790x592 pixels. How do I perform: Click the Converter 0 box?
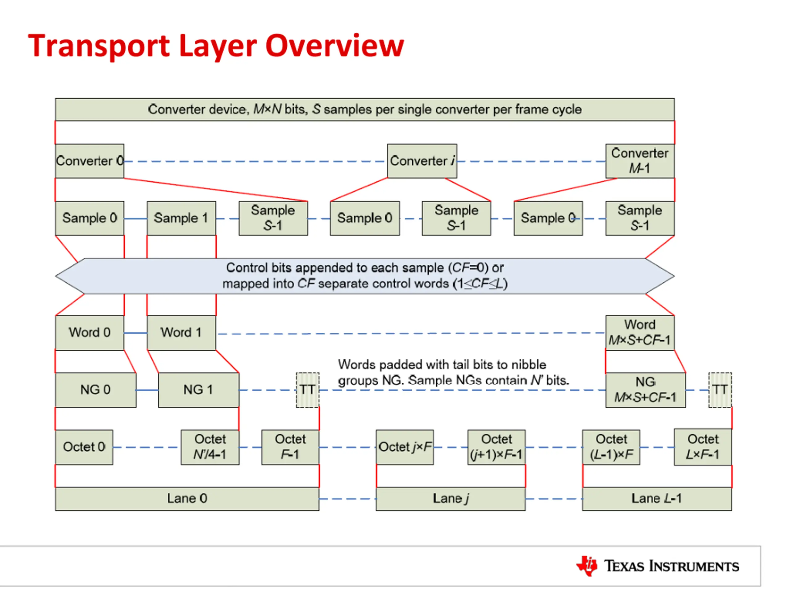pos(89,161)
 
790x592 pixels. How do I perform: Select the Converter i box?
pos(422,161)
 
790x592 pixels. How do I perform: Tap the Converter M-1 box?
pos(640,161)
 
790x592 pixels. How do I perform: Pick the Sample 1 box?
pos(181,218)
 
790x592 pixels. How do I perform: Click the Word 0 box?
pos(89,333)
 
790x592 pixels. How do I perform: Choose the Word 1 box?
pos(181,333)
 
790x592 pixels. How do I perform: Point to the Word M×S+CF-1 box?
pos(640,333)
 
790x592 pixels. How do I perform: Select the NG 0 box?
pos(96,390)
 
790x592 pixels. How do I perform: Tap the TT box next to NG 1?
pos(307,390)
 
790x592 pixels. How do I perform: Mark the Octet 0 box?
pos(84,447)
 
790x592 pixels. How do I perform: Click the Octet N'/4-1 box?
pos(210,447)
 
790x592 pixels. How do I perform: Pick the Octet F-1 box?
pos(290,447)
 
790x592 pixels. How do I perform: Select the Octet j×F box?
pos(405,447)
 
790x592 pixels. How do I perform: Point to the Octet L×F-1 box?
pos(703,447)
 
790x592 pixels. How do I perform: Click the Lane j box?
pos(451,499)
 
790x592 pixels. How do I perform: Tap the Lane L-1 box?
pos(657,499)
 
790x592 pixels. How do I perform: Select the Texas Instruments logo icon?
pos(587,566)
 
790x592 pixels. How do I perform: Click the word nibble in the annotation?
pos(525,365)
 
